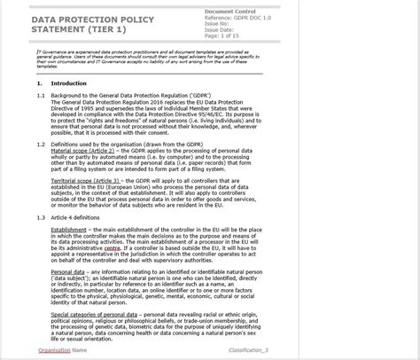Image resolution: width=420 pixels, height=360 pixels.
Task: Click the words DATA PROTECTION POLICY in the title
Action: click(93, 19)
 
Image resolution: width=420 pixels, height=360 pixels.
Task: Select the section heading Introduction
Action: click(68, 83)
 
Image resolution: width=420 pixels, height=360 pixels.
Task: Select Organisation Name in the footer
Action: click(63, 350)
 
